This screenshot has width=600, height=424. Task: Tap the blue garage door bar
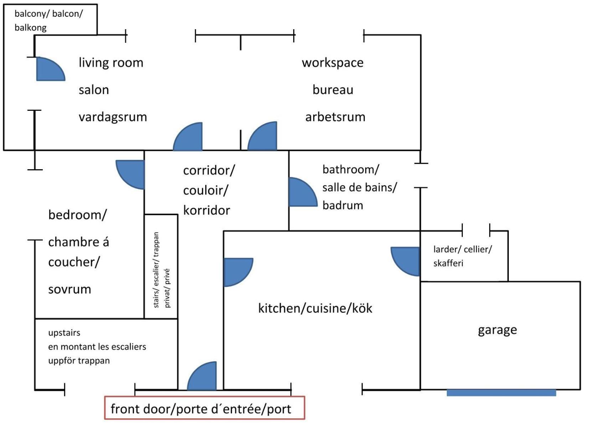[x=501, y=393]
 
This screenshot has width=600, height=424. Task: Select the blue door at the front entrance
[x=202, y=376]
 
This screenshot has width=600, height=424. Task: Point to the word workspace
[x=333, y=63]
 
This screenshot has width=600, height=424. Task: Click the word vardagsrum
[x=113, y=117]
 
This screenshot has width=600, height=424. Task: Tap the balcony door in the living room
[x=50, y=69]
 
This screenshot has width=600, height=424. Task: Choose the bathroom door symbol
[x=303, y=192]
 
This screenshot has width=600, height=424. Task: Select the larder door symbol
[x=405, y=261]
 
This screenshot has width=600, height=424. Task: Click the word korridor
[x=207, y=210]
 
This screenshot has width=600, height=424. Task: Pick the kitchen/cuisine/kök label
[x=315, y=308]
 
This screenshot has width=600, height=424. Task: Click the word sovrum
[x=69, y=289]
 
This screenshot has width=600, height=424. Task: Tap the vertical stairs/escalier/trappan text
[x=156, y=270]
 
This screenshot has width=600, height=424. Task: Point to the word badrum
[x=343, y=206]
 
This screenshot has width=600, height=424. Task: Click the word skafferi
[x=448, y=263]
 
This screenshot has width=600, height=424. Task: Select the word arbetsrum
[x=335, y=117]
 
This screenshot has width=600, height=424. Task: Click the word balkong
[x=31, y=28]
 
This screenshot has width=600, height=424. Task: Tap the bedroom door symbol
[x=130, y=175]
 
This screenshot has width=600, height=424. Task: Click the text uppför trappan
[x=79, y=361]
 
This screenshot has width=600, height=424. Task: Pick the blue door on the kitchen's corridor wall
[x=238, y=273]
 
